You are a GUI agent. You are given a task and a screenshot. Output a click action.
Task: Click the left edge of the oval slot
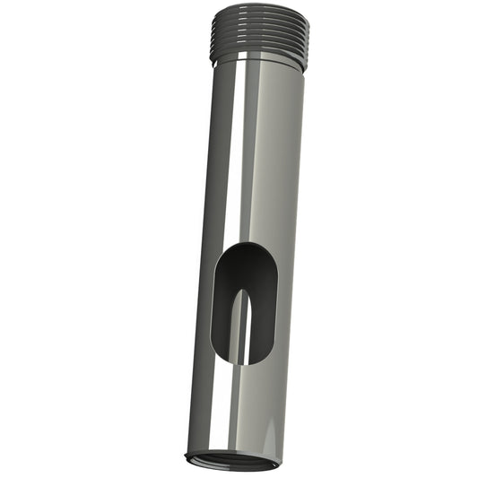(x=213, y=305)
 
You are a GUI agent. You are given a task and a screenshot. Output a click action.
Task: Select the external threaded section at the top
(x=260, y=36)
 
